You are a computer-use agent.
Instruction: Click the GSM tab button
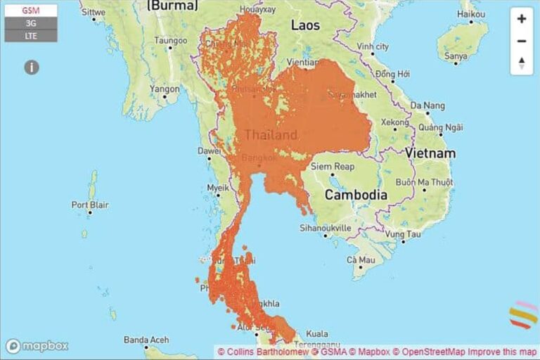pyautogui.click(x=30, y=11)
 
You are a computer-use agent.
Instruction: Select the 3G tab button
pyautogui.click(x=30, y=23)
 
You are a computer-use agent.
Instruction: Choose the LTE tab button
pyautogui.click(x=30, y=35)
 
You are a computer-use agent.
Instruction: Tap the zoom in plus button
pyautogui.click(x=521, y=19)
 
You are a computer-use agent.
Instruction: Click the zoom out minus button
pyautogui.click(x=521, y=41)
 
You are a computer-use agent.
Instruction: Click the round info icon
pyautogui.click(x=31, y=67)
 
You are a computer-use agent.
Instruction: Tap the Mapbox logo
pyautogui.click(x=37, y=346)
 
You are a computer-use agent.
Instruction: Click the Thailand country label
pyautogui.click(x=271, y=134)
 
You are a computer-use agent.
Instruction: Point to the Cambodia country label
pyautogui.click(x=355, y=195)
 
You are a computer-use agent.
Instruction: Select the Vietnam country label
pyautogui.click(x=430, y=153)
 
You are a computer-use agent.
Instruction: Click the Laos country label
pyautogui.click(x=305, y=25)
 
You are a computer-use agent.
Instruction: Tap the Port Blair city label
pyautogui.click(x=89, y=205)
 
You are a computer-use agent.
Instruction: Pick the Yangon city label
pyautogui.click(x=165, y=89)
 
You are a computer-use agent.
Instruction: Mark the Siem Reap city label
pyautogui.click(x=333, y=167)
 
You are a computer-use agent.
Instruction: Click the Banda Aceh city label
pyautogui.click(x=146, y=340)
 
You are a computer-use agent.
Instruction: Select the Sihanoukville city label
pyautogui.click(x=326, y=228)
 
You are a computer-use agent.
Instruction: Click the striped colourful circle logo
pyautogui.click(x=523, y=315)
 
